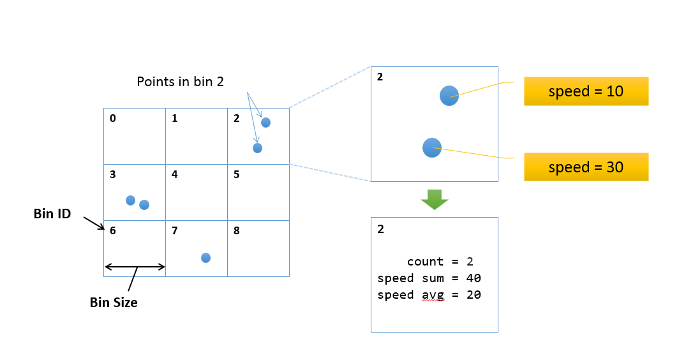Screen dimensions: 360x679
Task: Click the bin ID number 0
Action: pos(113,118)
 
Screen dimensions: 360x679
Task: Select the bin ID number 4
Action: pos(175,174)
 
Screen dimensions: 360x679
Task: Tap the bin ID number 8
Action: pos(237,230)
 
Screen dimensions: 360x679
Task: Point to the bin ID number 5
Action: pos(237,174)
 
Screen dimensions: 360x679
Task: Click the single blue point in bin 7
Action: pos(205,258)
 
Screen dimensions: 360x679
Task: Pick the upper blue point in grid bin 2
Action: pos(265,123)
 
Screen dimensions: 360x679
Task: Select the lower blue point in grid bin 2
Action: pos(258,148)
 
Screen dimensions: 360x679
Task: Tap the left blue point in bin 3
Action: pos(131,200)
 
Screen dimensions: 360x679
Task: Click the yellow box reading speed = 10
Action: pos(586,91)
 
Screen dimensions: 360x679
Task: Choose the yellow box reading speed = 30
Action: pos(586,167)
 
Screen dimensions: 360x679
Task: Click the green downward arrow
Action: pos(435,200)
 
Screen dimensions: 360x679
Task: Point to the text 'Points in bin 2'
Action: pos(180,82)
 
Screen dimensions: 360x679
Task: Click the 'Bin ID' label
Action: pos(52,214)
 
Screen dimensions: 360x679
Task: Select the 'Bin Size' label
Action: pos(114,303)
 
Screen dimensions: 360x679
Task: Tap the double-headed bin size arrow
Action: pos(135,267)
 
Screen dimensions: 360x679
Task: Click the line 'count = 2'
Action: pos(440,262)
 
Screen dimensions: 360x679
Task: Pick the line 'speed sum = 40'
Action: pos(429,278)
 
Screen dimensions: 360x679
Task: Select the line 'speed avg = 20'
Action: pos(429,295)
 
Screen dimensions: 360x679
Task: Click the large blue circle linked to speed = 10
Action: pos(449,96)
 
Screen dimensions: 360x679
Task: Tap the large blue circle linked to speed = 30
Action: pos(432,147)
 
